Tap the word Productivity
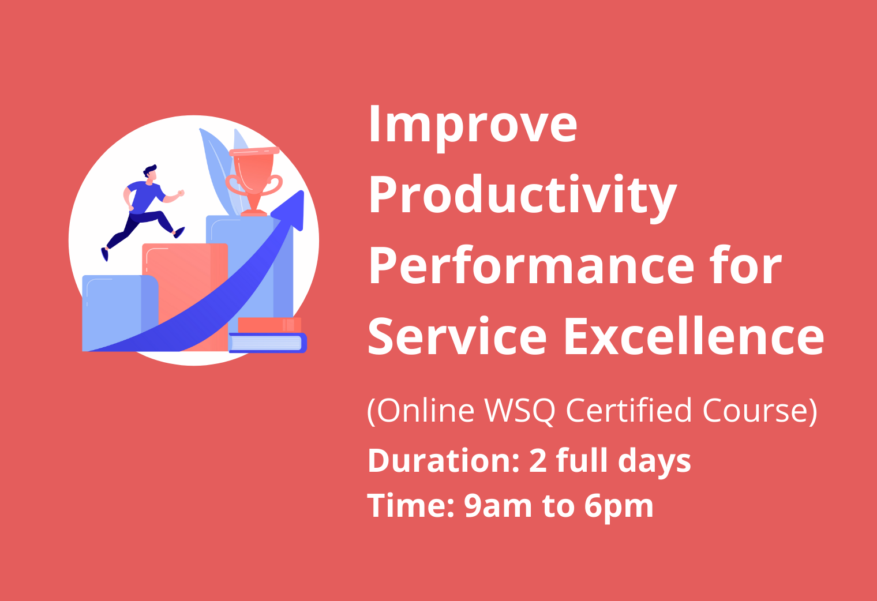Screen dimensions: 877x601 click(x=523, y=197)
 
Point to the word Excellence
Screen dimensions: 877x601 click(x=694, y=336)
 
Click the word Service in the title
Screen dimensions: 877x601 click(x=457, y=336)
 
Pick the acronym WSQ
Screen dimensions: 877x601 click(x=519, y=411)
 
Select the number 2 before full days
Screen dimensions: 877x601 click(x=538, y=460)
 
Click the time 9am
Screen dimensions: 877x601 click(x=497, y=506)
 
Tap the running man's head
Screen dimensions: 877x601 click(x=151, y=174)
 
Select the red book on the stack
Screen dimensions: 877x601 click(x=269, y=325)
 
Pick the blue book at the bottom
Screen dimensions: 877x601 click(x=268, y=343)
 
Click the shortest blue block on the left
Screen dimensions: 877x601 click(x=120, y=313)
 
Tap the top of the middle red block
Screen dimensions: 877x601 click(x=185, y=244)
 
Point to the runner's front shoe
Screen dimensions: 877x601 click(x=179, y=232)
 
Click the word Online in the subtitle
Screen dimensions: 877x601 click(x=426, y=411)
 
